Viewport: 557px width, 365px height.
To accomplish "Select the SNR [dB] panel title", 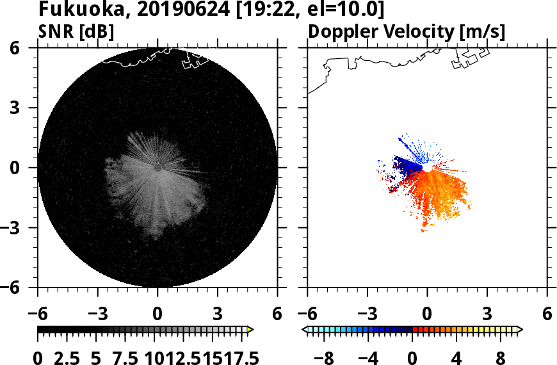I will [76, 31].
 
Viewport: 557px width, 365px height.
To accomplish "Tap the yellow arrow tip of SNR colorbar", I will [250, 329].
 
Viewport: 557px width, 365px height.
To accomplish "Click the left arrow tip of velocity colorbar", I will [305, 329].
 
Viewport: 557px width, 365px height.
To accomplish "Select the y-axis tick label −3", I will [22, 227].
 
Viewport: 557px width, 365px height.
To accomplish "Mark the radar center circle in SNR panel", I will [157, 167].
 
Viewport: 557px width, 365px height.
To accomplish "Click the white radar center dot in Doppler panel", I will [426, 167].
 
